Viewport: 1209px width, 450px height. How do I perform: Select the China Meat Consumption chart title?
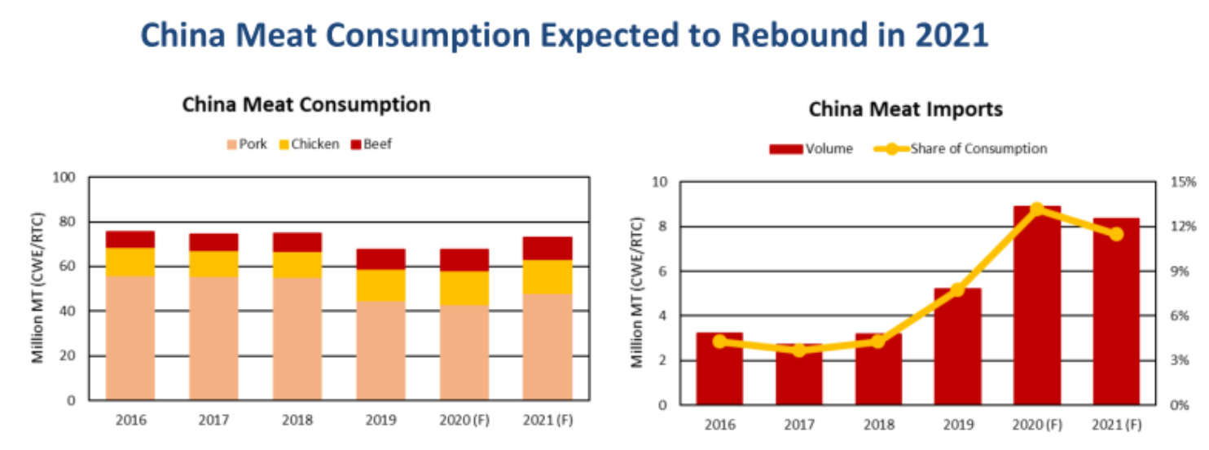(306, 104)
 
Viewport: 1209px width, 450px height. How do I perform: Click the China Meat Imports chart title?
(905, 109)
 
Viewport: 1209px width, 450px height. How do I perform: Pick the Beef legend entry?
(371, 144)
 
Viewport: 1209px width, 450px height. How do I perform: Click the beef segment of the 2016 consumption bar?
(130, 239)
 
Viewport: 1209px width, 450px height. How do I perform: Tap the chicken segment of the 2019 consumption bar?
(380, 285)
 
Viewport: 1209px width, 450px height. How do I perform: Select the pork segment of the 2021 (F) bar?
(547, 346)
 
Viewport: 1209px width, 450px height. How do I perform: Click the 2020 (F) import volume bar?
(1037, 306)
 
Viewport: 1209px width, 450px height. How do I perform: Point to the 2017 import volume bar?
(798, 375)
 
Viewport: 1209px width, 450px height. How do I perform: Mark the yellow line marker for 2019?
(957, 289)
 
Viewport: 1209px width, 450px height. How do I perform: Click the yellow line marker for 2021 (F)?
(1116, 234)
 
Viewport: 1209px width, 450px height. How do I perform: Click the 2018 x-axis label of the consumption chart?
(297, 421)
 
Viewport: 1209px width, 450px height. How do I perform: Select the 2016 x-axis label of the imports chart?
(719, 425)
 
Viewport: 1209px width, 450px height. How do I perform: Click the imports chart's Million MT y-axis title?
(640, 293)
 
